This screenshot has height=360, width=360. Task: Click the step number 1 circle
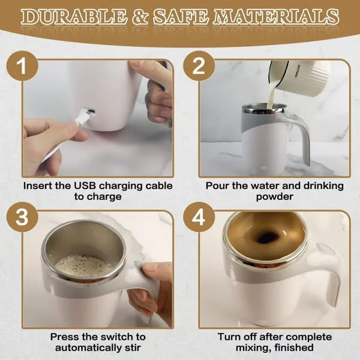click(x=22, y=67)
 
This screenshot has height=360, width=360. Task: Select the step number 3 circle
click(x=22, y=218)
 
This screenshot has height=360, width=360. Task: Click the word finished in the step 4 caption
click(x=292, y=347)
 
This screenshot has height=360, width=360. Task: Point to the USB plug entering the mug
click(x=88, y=113)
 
